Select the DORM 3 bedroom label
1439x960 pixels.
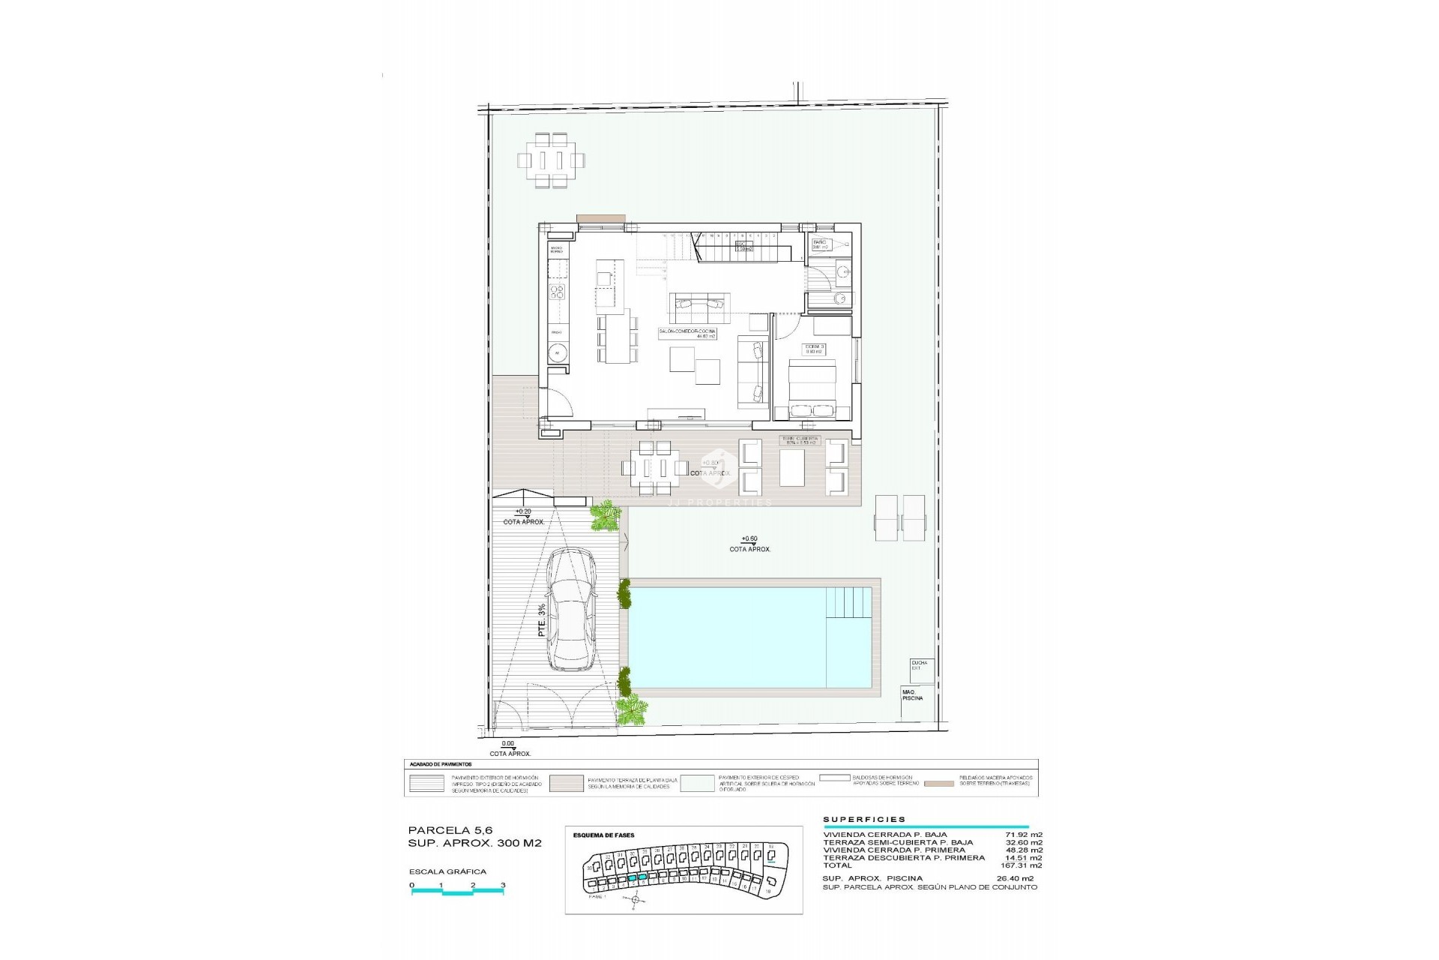tap(814, 348)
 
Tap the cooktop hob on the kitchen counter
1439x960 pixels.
tap(558, 292)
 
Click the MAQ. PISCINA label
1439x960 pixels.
tap(913, 694)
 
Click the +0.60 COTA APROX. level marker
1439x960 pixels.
tap(749, 544)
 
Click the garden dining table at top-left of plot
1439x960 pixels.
tap(551, 160)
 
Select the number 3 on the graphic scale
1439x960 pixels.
tap(503, 885)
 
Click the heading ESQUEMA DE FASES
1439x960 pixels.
tap(603, 835)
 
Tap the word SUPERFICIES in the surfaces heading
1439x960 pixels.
tap(864, 820)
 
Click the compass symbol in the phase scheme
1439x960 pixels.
tap(633, 899)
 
